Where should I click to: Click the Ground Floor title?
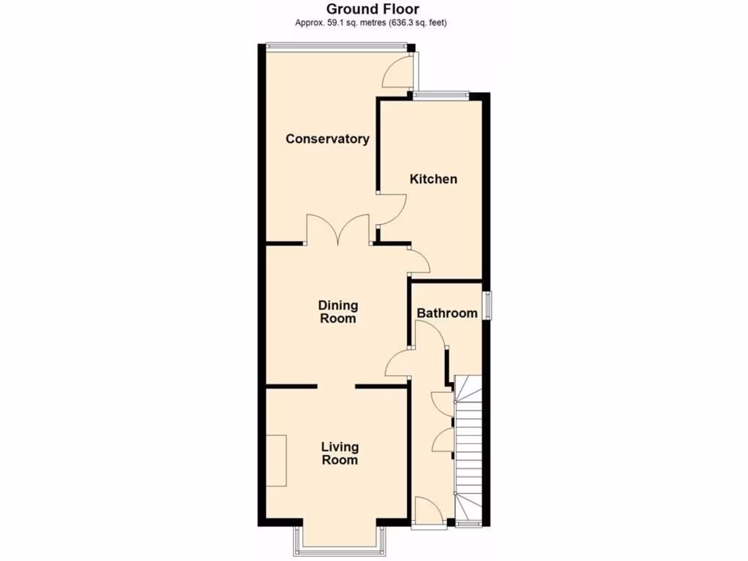point(373,9)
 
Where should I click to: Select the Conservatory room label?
point(327,139)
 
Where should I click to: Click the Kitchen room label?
point(433,179)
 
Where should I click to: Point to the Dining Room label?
point(337,312)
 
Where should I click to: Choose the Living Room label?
point(340,454)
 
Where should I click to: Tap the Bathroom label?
point(447,313)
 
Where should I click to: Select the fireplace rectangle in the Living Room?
point(276,460)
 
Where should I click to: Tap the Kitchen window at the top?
point(440,93)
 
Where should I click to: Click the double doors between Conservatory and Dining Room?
point(338,229)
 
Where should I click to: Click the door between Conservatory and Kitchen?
point(392,212)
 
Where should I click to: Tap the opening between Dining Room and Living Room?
point(336,386)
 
